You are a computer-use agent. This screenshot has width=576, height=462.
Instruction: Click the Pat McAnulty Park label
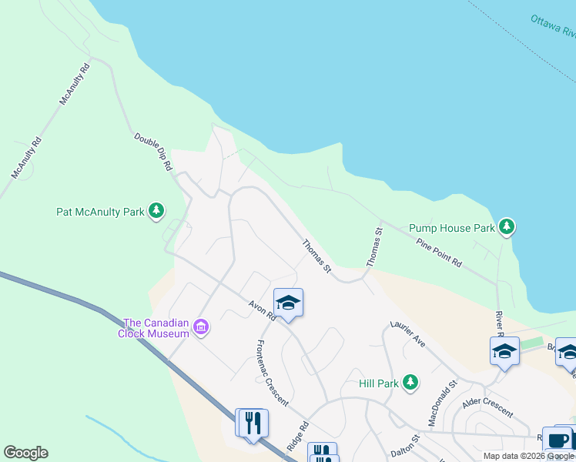[100, 211]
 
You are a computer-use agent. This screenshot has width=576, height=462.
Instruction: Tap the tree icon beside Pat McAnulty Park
[156, 210]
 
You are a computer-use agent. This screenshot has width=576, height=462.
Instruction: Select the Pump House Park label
[451, 228]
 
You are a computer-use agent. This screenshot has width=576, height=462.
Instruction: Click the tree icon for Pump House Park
[507, 227]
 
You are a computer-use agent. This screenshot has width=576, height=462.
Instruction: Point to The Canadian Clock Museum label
[156, 328]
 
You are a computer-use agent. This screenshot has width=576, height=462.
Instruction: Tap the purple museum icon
[201, 328]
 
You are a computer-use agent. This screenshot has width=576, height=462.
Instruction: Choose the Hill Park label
[379, 383]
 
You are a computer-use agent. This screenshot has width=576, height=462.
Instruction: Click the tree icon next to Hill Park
[410, 382]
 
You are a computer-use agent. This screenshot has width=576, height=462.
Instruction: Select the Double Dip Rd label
[152, 151]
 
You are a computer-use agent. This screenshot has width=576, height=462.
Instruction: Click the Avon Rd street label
[262, 310]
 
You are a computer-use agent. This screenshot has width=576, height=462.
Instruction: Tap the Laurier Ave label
[407, 333]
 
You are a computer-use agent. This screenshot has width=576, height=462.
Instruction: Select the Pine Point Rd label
[439, 253]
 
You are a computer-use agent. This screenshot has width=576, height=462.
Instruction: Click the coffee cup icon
[557, 440]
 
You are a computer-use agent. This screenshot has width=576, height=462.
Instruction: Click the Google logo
[25, 453]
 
